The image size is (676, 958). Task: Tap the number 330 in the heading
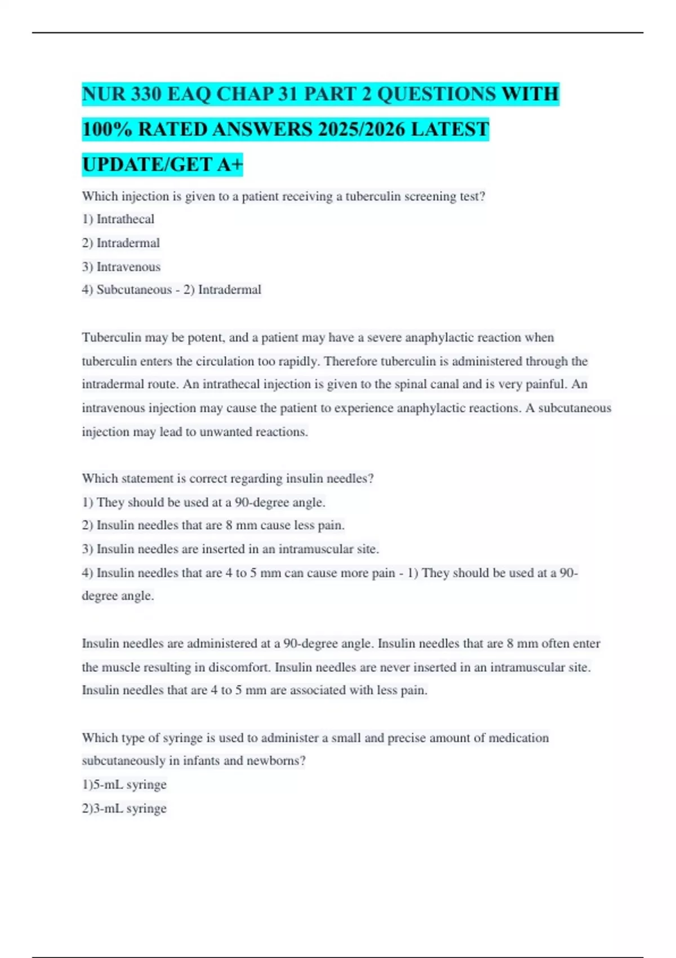[146, 94]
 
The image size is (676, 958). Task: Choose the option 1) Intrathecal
[118, 219]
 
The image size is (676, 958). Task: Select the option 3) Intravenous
[121, 267]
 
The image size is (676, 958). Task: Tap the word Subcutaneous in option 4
[134, 290]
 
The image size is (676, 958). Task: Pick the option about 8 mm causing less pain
[213, 525]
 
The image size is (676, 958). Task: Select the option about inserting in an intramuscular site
[230, 549]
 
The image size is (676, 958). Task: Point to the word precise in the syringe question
[406, 738]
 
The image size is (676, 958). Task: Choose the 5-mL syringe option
[124, 784]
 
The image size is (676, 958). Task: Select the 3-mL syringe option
[124, 809]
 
